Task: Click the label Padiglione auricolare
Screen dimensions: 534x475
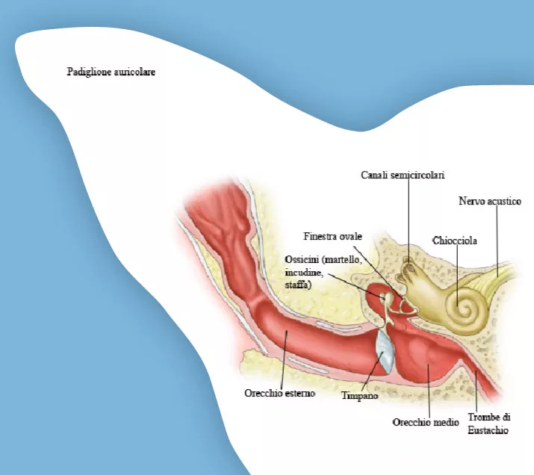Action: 111,72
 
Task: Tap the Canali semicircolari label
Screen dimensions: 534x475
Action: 403,175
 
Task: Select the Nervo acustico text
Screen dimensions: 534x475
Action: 490,201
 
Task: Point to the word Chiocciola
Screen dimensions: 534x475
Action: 455,240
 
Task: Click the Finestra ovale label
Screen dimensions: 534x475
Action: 333,236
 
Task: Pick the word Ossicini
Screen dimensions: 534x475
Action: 302,260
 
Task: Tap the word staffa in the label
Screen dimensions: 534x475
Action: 298,285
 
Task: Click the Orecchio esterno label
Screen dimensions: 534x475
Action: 279,393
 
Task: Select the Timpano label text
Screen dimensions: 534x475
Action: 360,396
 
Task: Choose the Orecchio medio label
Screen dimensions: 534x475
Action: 426,422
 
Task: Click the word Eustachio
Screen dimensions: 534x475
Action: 488,430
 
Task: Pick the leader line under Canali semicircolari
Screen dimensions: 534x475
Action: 409,221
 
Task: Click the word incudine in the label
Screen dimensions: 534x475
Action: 303,273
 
